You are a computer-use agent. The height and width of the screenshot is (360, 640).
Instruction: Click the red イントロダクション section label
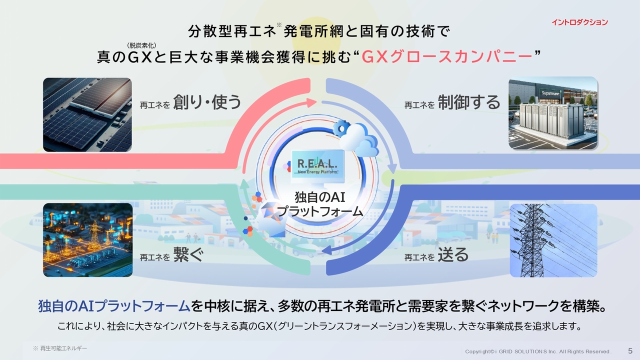point(579,22)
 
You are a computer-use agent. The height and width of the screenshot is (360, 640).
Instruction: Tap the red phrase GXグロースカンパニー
point(447,57)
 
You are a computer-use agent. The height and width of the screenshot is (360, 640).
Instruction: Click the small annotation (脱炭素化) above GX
point(141,45)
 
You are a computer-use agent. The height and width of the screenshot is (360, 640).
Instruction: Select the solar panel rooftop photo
point(87,114)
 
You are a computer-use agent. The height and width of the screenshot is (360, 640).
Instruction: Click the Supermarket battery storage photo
point(553,113)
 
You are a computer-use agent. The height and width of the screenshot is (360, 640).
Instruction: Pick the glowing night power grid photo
point(87,240)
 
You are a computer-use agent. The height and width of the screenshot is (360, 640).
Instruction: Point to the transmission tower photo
point(553,240)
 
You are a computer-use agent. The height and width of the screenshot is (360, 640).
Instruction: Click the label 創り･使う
point(207,102)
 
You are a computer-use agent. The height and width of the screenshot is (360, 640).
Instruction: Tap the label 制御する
point(469,102)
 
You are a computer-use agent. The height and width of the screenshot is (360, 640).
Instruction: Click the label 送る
point(453,254)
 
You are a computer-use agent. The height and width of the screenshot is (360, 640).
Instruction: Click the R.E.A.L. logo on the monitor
point(317,165)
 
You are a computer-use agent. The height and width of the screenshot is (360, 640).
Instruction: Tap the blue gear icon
point(341,128)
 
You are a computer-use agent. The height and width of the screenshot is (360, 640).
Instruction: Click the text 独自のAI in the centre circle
point(319,197)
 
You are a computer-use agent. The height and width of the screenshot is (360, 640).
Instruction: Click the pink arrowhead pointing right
point(311,102)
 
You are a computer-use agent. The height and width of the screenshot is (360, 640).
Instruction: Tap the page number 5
point(630,350)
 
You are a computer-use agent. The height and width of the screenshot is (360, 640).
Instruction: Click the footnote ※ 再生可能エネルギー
point(59,348)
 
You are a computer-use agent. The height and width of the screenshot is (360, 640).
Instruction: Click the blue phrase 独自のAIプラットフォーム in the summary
point(114,306)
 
